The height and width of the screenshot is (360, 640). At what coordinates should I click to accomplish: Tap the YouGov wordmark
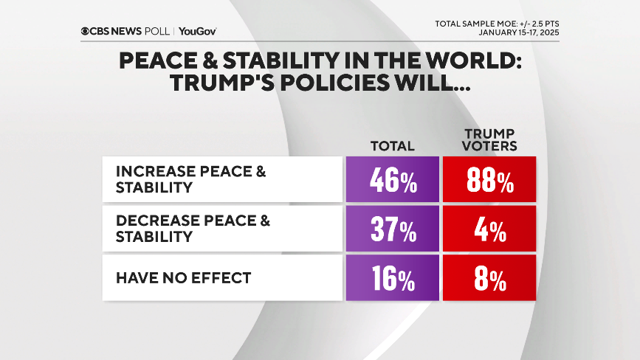pyautogui.click(x=197, y=32)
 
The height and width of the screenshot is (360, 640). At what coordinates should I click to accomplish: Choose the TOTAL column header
pyautogui.click(x=392, y=145)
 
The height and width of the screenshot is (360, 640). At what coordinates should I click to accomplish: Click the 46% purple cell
pyautogui.click(x=392, y=180)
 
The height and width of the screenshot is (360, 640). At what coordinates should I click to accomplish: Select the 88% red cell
pyautogui.click(x=488, y=180)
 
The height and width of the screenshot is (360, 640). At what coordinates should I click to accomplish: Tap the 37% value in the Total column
pyautogui.click(x=392, y=229)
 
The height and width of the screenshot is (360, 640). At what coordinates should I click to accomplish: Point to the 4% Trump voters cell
pyautogui.click(x=488, y=229)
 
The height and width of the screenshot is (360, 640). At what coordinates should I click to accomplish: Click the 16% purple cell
pyautogui.click(x=392, y=279)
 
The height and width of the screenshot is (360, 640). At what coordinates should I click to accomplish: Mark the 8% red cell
pyautogui.click(x=488, y=279)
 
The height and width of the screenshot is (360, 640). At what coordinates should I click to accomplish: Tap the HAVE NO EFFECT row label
pyautogui.click(x=183, y=278)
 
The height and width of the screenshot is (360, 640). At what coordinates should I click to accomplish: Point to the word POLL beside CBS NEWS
pyautogui.click(x=158, y=32)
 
